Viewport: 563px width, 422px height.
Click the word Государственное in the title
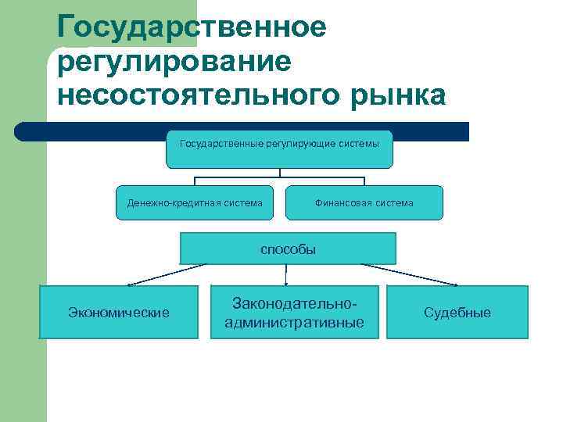(x=192, y=27)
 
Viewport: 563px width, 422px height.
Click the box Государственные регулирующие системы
(x=279, y=149)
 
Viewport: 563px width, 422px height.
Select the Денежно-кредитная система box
(x=195, y=202)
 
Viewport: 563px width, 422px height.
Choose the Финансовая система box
(x=364, y=202)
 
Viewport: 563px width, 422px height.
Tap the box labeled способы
(x=288, y=249)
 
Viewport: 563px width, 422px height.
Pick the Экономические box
(x=118, y=312)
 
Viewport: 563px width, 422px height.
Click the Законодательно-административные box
(x=294, y=312)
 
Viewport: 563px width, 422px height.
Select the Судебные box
(x=457, y=312)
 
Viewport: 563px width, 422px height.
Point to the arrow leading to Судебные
(x=414, y=275)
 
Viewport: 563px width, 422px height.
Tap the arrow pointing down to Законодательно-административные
(x=286, y=275)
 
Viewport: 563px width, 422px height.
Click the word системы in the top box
(x=360, y=144)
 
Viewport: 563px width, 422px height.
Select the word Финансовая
(x=341, y=203)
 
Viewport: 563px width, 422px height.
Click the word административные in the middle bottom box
(x=294, y=322)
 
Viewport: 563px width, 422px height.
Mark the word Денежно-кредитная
(x=171, y=203)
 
